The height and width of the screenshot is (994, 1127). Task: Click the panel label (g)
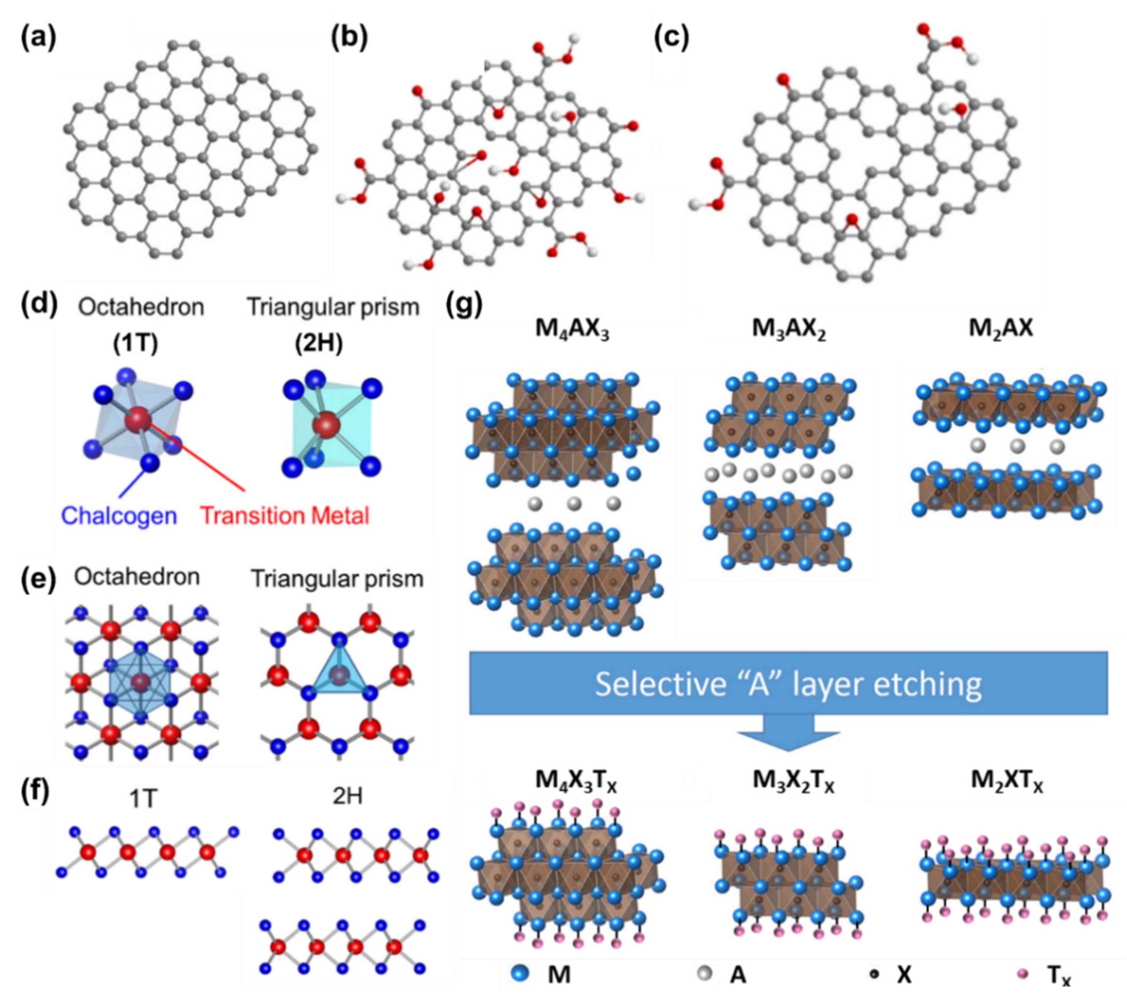[x=464, y=305]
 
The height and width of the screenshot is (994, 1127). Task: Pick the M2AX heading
[x=1001, y=329]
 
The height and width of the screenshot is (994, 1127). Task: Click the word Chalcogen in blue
[x=119, y=516]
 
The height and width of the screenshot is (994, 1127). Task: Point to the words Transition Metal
[x=284, y=516]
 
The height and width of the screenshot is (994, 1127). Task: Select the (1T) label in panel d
[x=136, y=344]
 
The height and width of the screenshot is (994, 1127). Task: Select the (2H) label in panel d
[x=319, y=344]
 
